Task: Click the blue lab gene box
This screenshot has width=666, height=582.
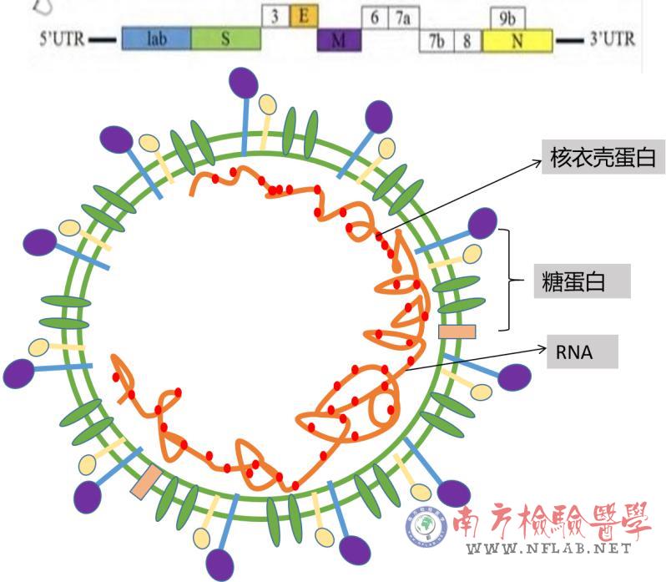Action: coord(156,39)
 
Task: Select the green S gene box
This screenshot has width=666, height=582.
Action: coord(225,39)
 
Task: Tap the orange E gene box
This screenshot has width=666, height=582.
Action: coord(304,15)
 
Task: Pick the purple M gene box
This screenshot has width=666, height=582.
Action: coord(339,40)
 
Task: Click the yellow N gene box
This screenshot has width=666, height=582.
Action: coord(517,40)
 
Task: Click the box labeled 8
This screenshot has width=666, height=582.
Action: coord(467,41)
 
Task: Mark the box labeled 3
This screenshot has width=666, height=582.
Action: coord(275,15)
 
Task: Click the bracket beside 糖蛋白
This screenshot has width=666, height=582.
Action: coord(507,280)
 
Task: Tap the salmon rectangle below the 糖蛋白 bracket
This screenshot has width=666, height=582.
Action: coord(457,331)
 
